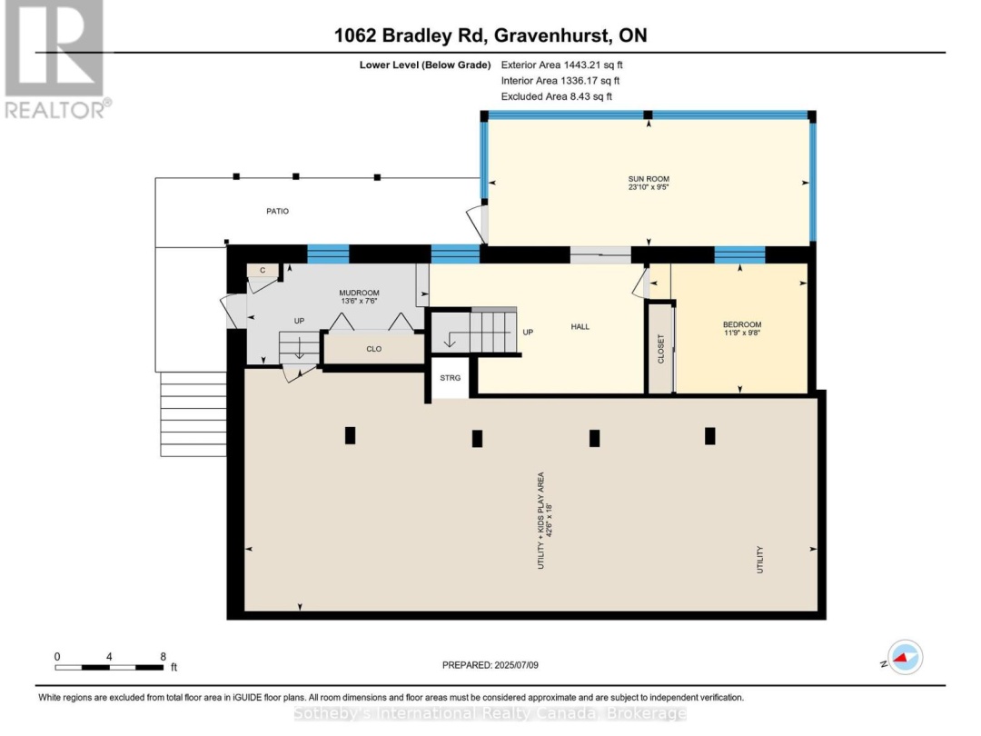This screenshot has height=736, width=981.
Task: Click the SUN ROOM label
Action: click(649, 179)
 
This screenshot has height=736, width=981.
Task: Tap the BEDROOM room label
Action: click(742, 324)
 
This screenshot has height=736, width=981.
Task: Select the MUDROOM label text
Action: click(359, 293)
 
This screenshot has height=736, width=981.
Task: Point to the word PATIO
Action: click(278, 211)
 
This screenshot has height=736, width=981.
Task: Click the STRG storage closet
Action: click(450, 378)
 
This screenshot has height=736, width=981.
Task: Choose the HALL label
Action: click(580, 326)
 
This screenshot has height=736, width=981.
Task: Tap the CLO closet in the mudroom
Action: click(373, 349)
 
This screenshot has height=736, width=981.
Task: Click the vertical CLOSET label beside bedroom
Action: click(660, 349)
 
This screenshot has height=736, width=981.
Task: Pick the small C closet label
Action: click(263, 271)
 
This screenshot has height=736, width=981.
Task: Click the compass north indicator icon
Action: click(905, 657)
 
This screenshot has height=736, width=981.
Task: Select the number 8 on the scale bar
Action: click(163, 657)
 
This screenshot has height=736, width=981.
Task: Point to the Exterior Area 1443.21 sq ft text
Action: click(562, 65)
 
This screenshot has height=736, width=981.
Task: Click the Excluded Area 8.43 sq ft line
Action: click(557, 96)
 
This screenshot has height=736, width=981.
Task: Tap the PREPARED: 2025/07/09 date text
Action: click(490, 664)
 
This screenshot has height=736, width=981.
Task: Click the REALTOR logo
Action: click(56, 60)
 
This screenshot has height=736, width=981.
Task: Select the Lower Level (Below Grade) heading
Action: click(425, 65)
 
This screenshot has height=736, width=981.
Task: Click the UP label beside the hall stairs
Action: click(528, 333)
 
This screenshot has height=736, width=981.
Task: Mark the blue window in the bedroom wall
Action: click(740, 254)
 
